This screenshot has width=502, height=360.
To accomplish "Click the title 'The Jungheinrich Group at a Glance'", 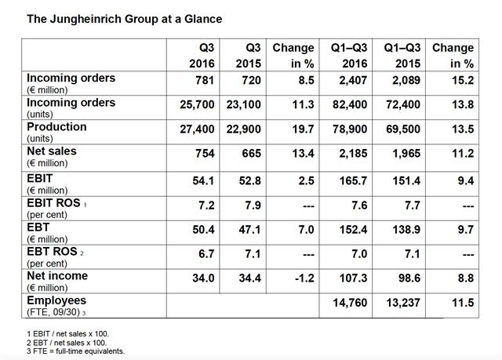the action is pos(124,19).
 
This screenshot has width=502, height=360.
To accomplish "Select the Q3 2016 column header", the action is pos(202,56).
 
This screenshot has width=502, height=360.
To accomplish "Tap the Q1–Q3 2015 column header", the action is pos(402,56).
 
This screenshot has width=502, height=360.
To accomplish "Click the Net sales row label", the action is pos(52,151).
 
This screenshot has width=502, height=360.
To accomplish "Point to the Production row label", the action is pos(56,127).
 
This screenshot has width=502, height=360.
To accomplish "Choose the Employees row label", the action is pos(56,300).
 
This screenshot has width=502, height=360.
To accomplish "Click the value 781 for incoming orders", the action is pos(205,80).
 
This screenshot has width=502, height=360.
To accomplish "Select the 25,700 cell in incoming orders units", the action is pos(197,104).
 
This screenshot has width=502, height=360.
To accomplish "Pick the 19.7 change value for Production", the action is pos(304,129).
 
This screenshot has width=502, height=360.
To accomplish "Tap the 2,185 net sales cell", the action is pos(353,153).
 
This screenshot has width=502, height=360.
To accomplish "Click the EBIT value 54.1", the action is pos(203,181).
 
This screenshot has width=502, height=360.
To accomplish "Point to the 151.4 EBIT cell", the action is pos(406,181).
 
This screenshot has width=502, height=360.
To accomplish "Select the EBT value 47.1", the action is pos(249,230).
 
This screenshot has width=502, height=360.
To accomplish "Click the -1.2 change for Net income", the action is pos(304,278).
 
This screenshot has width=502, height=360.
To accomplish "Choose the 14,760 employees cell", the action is pos(350,303).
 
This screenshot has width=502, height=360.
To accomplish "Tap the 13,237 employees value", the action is pos(403,303).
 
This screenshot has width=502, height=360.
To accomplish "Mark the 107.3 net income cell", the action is pos(353,278).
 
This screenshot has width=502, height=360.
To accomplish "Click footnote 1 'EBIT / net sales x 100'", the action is pos(68,334).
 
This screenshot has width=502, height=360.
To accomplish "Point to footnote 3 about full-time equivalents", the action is pos(75,351).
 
